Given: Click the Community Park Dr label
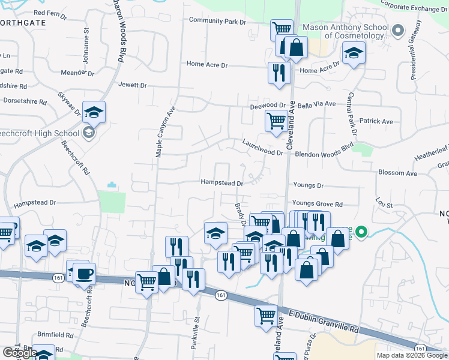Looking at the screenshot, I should (217, 22).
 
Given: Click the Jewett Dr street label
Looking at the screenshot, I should (133, 85).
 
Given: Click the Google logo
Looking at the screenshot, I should (20, 353).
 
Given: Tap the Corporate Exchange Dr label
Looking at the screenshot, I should (414, 8).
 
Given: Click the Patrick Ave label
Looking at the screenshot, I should (376, 121).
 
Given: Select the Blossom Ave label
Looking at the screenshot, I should (397, 173).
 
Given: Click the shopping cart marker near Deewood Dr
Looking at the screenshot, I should (276, 121).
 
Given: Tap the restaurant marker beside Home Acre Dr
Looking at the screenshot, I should (279, 73).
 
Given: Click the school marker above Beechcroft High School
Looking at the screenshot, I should (94, 112).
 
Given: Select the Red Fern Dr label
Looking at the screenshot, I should (50, 12).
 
